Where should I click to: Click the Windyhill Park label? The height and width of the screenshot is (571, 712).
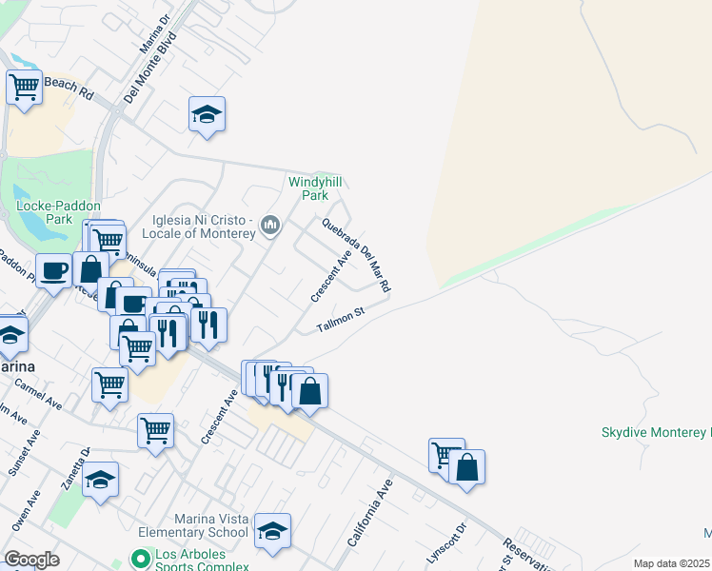pos(315,187)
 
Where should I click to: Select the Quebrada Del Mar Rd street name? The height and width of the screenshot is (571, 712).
pos(357,254)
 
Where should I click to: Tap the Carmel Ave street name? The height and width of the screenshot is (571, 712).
pos(38,393)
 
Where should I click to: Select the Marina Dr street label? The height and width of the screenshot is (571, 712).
pos(154,34)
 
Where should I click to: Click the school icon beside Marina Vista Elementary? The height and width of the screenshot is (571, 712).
pos(272,531)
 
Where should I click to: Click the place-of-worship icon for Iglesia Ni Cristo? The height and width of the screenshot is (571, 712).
pos(271,225)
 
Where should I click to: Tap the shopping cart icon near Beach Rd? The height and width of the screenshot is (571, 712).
pos(24,87)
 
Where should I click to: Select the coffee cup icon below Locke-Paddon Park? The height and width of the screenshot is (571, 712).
pos(53,269)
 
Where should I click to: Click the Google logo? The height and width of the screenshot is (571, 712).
pos(31,560)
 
